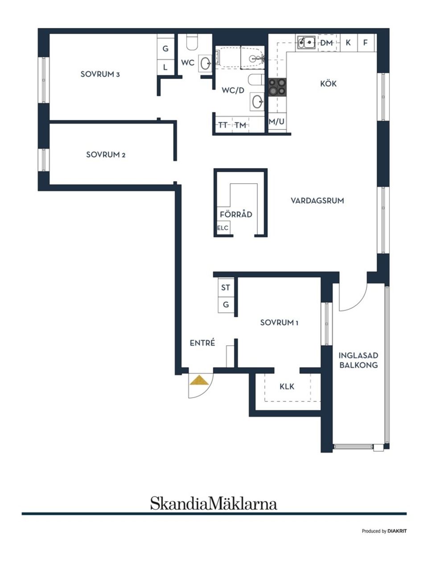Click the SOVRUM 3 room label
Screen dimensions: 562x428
[x=100, y=74]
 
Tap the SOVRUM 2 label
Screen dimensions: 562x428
[x=106, y=155]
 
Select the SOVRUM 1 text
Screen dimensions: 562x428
[x=279, y=322]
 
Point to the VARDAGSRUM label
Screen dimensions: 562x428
[x=317, y=201]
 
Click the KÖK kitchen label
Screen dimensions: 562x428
[x=328, y=83]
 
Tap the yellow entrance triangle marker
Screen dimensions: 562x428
[x=199, y=380]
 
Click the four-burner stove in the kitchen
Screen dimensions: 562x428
[x=276, y=87]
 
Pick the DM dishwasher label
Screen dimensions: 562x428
[x=326, y=43]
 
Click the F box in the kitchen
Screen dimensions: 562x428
[x=366, y=43]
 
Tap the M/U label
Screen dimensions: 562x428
[x=276, y=121]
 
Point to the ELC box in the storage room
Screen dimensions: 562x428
[x=222, y=228]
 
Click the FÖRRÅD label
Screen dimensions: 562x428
[x=236, y=215]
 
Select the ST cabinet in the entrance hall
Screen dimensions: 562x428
[x=226, y=288]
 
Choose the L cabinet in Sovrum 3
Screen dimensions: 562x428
[x=165, y=67]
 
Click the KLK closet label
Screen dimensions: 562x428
[x=287, y=386]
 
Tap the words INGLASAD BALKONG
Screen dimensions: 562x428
[x=358, y=360]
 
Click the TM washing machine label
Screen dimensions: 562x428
[x=240, y=125]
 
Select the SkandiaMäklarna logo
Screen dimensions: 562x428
[x=214, y=504]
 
